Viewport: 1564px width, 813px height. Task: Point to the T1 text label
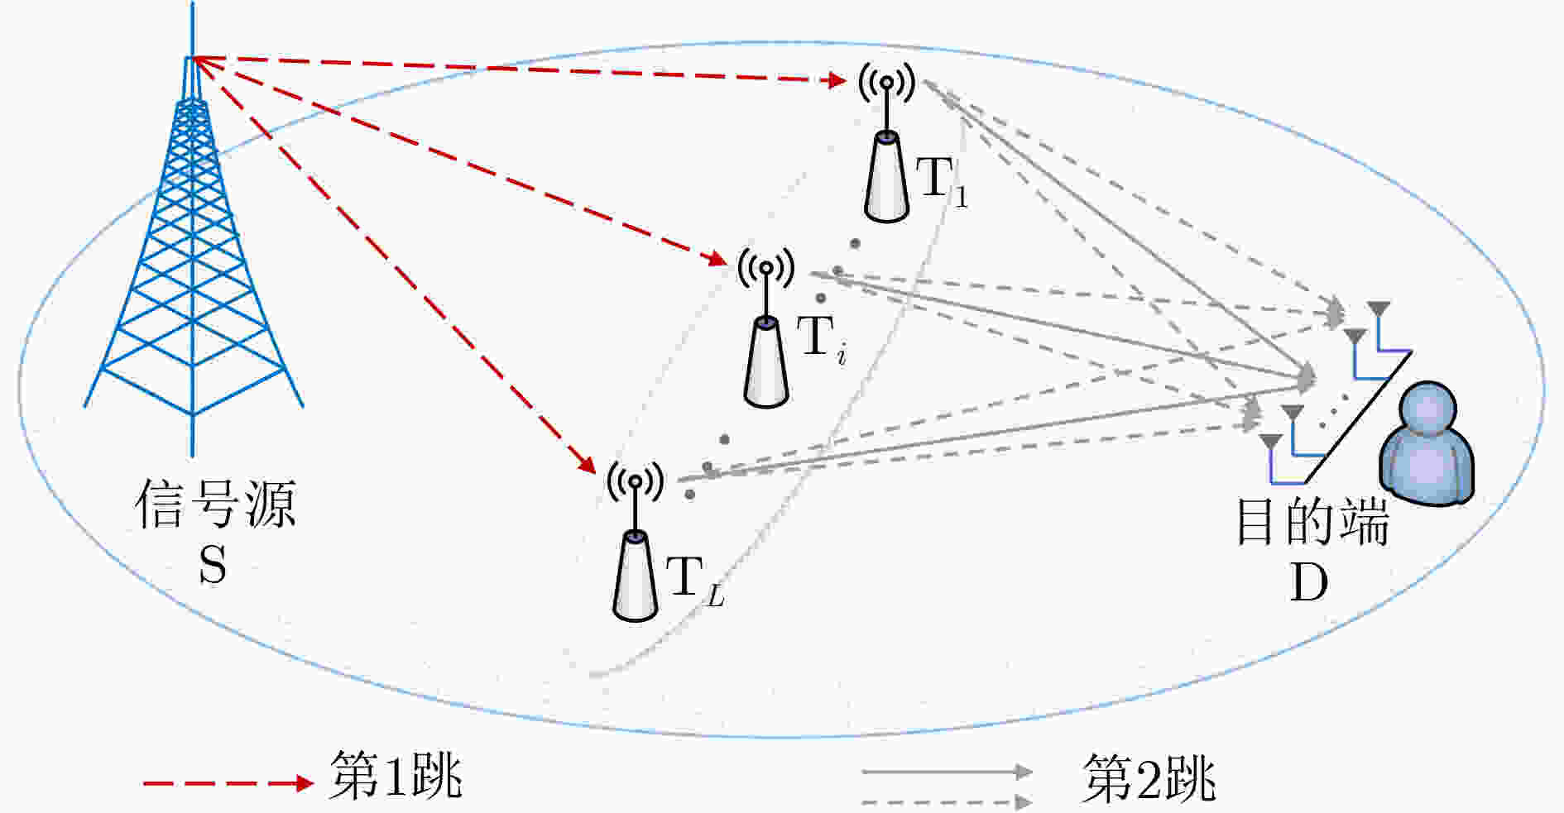942,180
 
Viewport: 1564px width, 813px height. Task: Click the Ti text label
821,339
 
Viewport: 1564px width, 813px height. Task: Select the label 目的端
1312,521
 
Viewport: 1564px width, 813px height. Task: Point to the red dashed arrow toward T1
519,69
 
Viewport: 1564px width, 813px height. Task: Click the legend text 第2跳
1149,777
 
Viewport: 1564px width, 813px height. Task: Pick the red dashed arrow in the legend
228,782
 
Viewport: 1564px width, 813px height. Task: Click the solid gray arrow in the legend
948,772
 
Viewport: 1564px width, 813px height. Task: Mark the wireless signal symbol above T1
886,82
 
